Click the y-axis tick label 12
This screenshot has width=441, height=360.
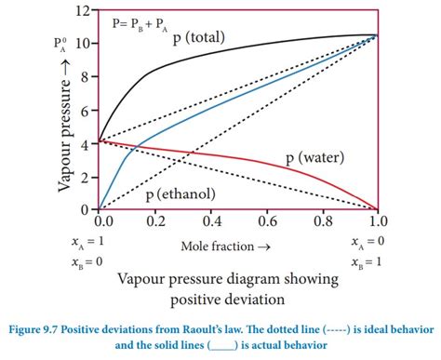coord(84,10)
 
